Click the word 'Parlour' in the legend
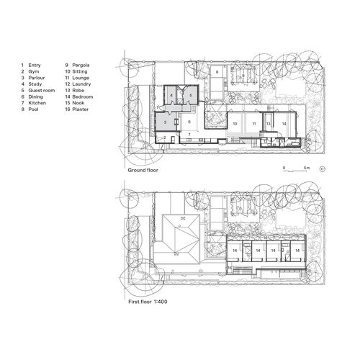[x=40, y=78]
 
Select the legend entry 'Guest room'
[x=43, y=90]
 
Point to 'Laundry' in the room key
[x=83, y=84]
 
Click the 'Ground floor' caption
[x=143, y=171]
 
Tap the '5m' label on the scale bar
[x=307, y=166]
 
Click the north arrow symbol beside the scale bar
[x=322, y=167]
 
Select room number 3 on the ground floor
[x=164, y=123]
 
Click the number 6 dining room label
[x=189, y=122]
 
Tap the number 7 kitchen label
[x=189, y=134]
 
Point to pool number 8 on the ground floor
[x=217, y=72]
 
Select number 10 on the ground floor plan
[x=235, y=124]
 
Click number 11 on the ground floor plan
[x=253, y=124]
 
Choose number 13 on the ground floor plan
[x=268, y=124]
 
